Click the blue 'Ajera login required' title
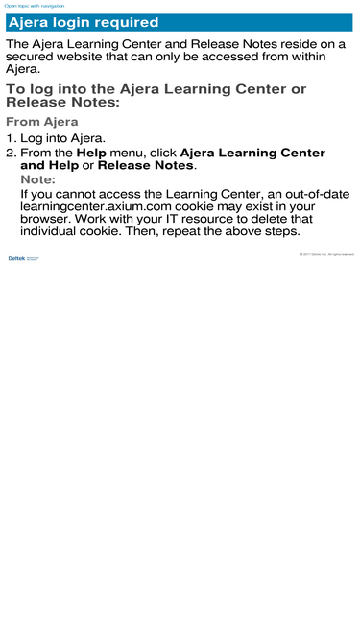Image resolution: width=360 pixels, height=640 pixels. click(84, 23)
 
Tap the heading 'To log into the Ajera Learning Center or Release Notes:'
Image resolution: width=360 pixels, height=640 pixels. click(156, 96)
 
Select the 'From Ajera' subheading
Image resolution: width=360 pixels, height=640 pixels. click(42, 122)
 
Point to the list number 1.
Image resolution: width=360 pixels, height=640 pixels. click(11, 138)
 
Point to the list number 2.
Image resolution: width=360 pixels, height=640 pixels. click(11, 153)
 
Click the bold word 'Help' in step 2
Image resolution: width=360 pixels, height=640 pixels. click(92, 153)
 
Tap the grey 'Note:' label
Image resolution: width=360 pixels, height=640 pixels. click(37, 179)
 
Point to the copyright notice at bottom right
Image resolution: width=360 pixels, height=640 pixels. click(326, 254)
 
